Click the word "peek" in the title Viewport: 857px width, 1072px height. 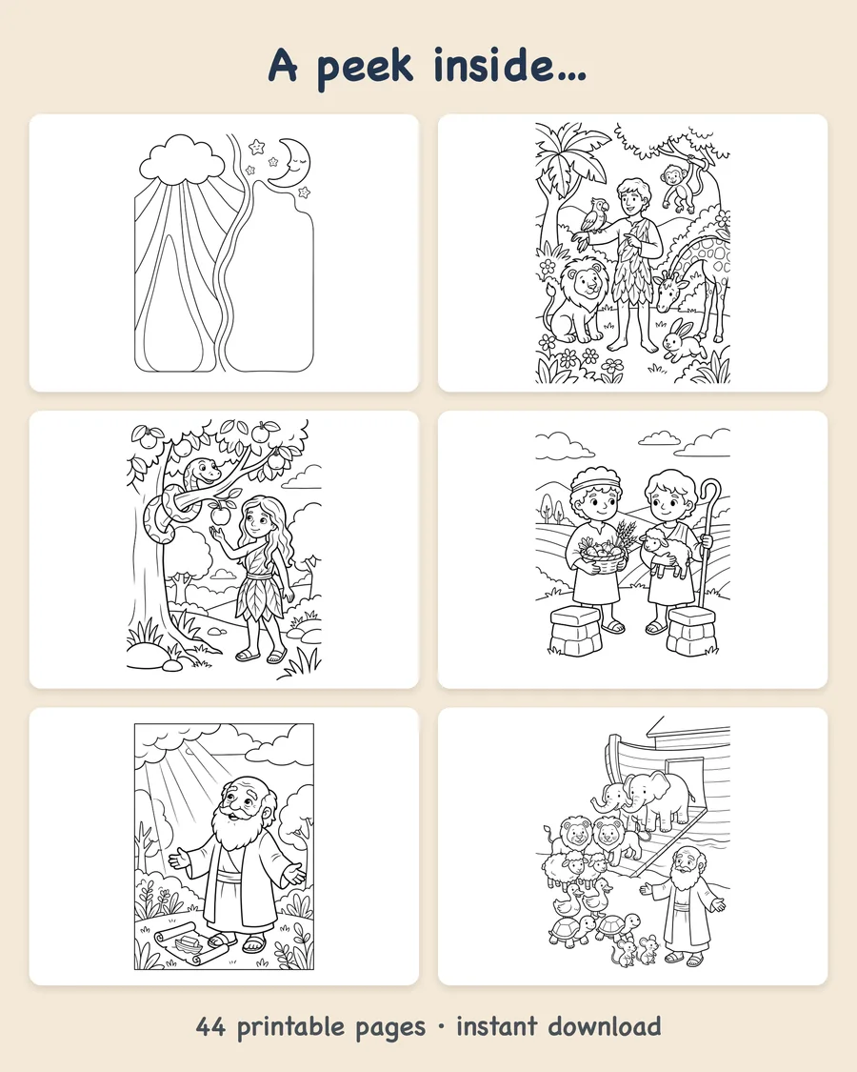pos(365,68)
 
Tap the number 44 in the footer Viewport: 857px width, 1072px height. pos(210,1027)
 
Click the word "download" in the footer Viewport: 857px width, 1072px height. pos(605,1026)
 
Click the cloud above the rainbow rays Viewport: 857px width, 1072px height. pos(182,158)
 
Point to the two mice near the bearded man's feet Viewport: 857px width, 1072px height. pos(635,951)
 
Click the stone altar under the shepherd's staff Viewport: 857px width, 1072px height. pos(691,631)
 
